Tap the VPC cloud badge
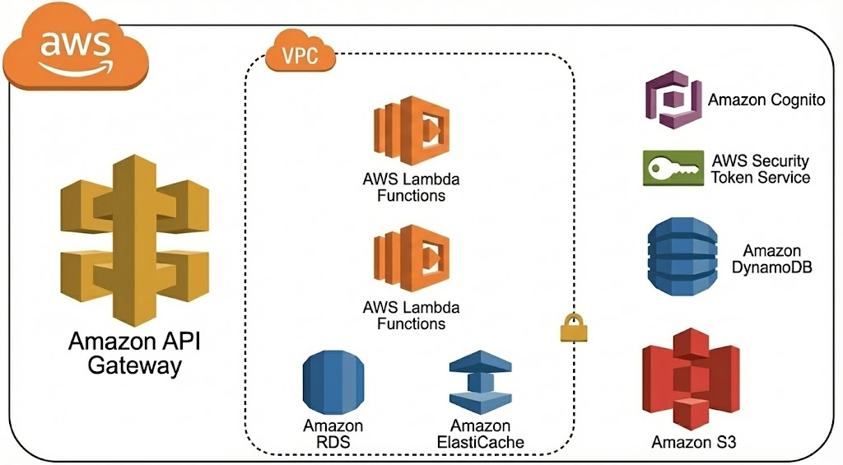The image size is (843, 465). click(x=300, y=58)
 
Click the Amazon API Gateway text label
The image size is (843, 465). click(x=135, y=353)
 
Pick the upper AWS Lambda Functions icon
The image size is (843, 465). click(x=412, y=133)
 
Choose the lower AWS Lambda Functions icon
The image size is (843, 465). click(x=412, y=260)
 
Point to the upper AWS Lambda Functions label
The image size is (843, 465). click(x=411, y=187)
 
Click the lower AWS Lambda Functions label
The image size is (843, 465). click(x=411, y=315)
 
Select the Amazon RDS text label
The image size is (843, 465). click(x=333, y=434)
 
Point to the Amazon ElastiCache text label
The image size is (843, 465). click(x=480, y=434)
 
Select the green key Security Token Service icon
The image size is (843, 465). click(x=673, y=168)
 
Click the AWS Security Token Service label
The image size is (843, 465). click(x=761, y=169)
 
